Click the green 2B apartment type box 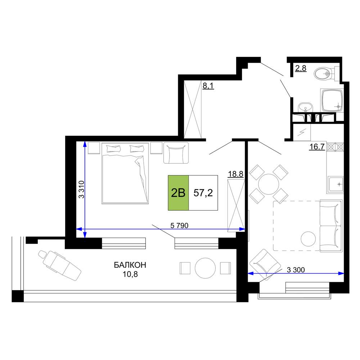click(179, 193)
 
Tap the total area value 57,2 click(203, 193)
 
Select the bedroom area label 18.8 click(235, 174)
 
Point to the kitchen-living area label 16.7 click(317, 147)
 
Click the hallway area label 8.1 click(208, 86)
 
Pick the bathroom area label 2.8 click(301, 68)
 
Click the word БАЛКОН click(130, 265)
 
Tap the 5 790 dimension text click(179, 226)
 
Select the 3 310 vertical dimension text click(81, 189)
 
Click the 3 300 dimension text click(296, 270)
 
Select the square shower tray click(332, 100)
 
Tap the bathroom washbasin click(305, 107)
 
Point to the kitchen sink click(336, 184)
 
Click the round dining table click(269, 184)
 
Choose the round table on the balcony click(205, 268)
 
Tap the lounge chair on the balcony click(59, 265)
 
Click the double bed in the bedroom click(125, 174)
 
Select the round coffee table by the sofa click(308, 239)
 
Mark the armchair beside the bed click(176, 153)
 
